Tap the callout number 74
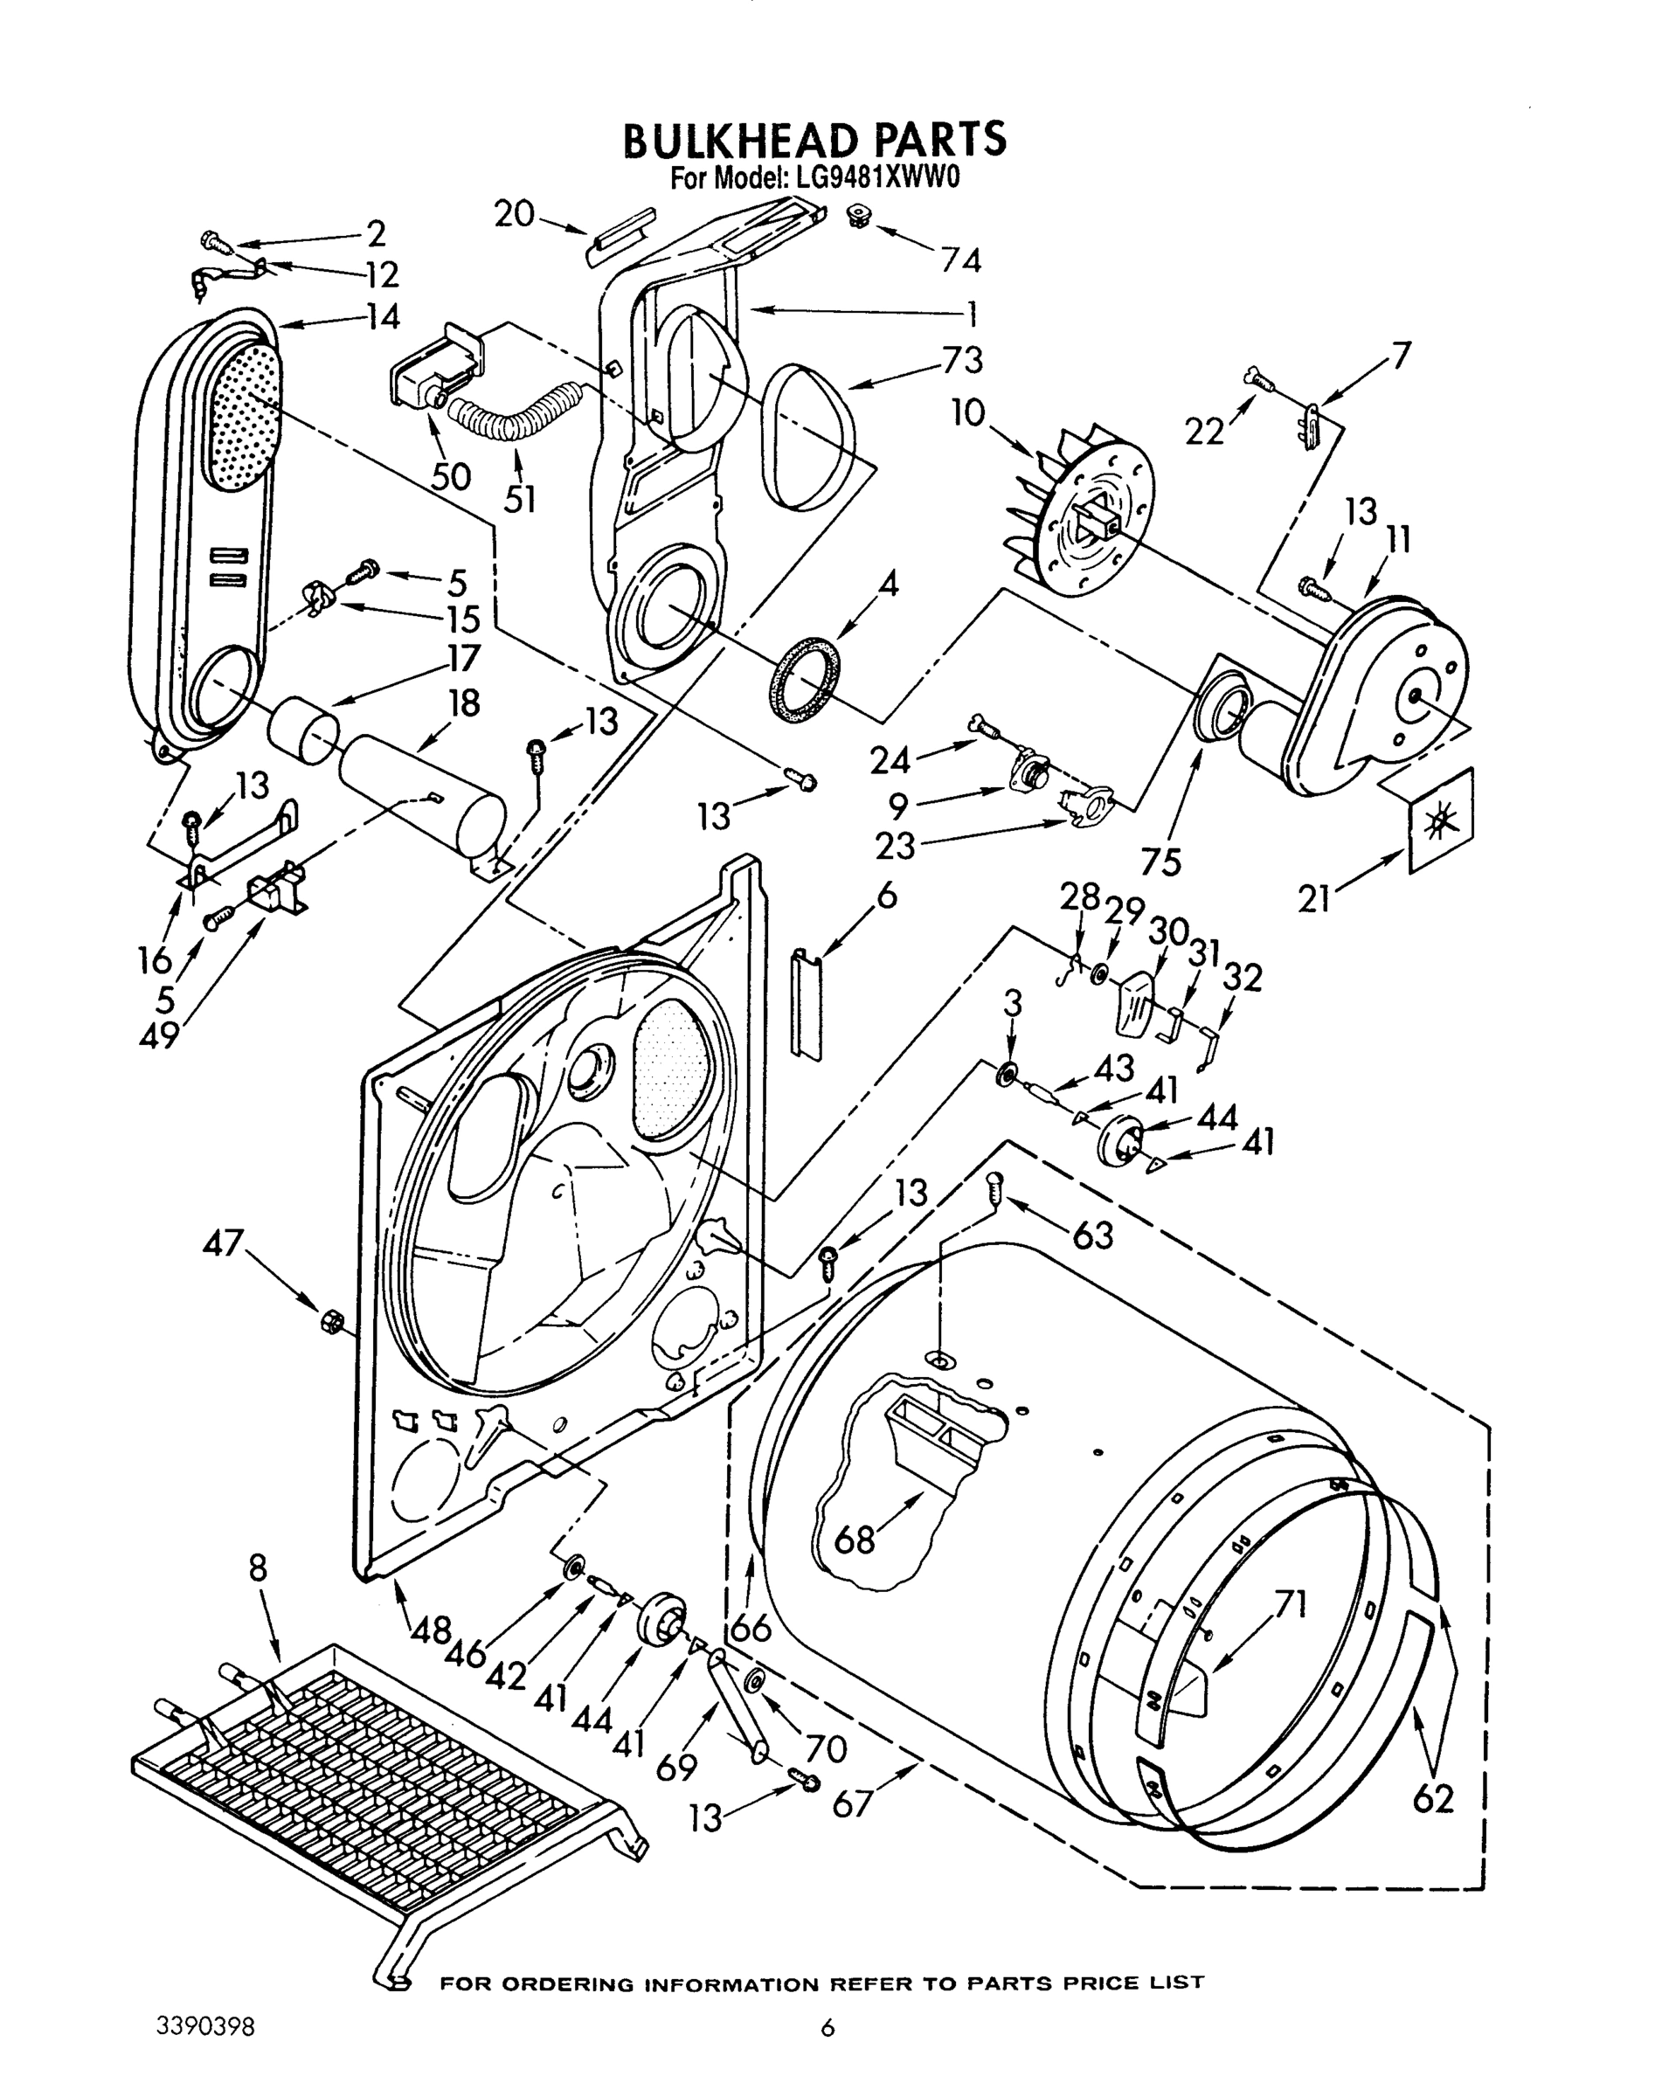pos(959,260)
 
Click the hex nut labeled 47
pos(330,1320)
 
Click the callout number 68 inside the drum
pos(855,1540)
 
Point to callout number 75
pos(1161,861)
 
